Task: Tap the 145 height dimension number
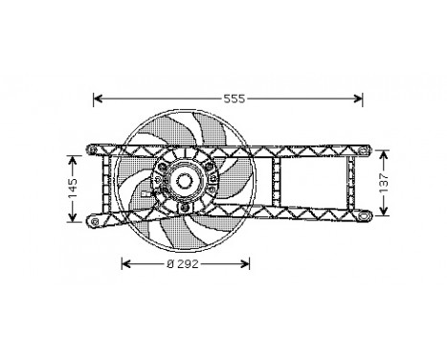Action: pyautogui.click(x=72, y=189)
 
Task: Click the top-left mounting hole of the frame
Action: pyautogui.click(x=91, y=151)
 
